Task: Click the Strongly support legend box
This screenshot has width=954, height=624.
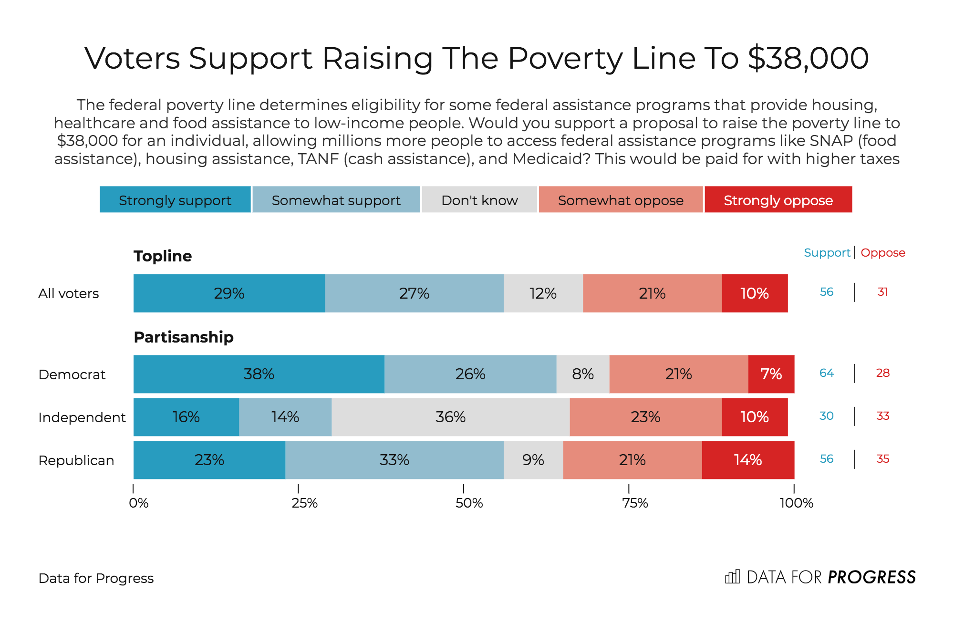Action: [x=175, y=199]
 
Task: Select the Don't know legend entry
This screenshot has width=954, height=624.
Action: [x=479, y=199]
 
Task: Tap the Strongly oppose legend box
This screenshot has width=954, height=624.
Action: [x=778, y=199]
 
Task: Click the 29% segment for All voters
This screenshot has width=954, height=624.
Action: [x=229, y=293]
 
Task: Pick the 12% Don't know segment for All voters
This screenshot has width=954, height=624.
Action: [x=543, y=293]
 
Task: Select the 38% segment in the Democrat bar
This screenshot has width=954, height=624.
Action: [x=259, y=374]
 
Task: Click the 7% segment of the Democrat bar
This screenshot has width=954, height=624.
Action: [x=771, y=374]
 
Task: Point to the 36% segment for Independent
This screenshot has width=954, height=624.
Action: [x=450, y=417]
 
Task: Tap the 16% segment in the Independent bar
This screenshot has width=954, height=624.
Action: [x=186, y=417]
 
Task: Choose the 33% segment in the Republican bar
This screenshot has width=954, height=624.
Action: [x=394, y=460]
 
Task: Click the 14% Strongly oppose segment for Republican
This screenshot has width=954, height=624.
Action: [x=747, y=460]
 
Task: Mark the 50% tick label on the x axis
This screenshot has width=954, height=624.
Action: [x=469, y=503]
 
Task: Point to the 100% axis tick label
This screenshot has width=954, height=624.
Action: [x=796, y=503]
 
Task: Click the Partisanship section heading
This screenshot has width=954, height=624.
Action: [x=184, y=337]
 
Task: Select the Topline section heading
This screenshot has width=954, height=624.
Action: [x=163, y=256]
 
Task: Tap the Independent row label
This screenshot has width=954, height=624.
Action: [x=82, y=417]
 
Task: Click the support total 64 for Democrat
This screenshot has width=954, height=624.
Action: [x=826, y=373]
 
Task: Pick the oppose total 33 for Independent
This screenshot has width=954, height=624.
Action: [x=882, y=416]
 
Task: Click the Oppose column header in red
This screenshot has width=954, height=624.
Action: [x=882, y=253]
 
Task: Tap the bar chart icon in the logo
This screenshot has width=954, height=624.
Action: [x=732, y=577]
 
